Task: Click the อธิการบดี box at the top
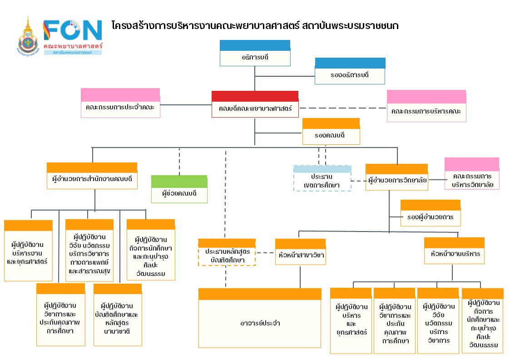click(x=255, y=54)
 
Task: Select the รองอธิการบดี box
click(x=350, y=71)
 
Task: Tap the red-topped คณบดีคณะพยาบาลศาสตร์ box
click(x=255, y=104)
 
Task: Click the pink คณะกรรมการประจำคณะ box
click(x=120, y=103)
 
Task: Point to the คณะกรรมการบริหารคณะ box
click(x=426, y=106)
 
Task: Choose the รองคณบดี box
click(x=331, y=131)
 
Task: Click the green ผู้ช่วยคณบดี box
click(x=179, y=189)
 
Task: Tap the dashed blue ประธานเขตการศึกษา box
click(x=322, y=178)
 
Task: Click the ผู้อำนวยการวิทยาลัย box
click(x=396, y=177)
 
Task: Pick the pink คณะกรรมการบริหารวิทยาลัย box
click(x=471, y=173)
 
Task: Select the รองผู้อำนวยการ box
click(x=430, y=213)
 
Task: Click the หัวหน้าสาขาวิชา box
click(x=300, y=252)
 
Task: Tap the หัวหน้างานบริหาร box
click(x=454, y=251)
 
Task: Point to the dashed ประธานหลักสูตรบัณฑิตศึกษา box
click(x=227, y=252)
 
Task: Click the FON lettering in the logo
click(x=73, y=30)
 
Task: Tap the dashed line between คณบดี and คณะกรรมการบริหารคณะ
click(x=342, y=108)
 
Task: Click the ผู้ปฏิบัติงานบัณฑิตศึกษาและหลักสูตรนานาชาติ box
click(x=118, y=315)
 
